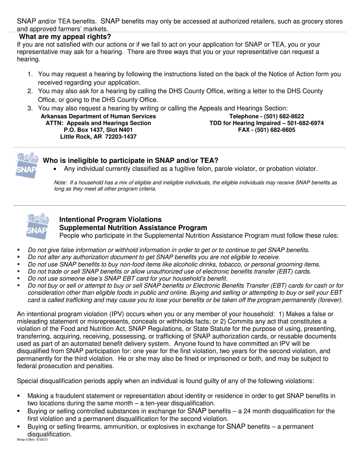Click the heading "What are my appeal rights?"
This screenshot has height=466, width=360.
[65, 37]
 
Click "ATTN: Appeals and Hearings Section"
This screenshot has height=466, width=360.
[98, 123]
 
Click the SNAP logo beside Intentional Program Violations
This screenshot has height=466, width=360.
[37, 226]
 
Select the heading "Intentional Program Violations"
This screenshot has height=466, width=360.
[110, 220]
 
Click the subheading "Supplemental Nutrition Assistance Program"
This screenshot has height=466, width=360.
[133, 228]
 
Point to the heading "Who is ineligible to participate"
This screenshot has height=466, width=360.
[130, 161]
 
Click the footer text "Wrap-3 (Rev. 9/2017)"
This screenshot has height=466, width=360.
[32, 439]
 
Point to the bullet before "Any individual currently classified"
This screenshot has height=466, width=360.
[56, 169]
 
